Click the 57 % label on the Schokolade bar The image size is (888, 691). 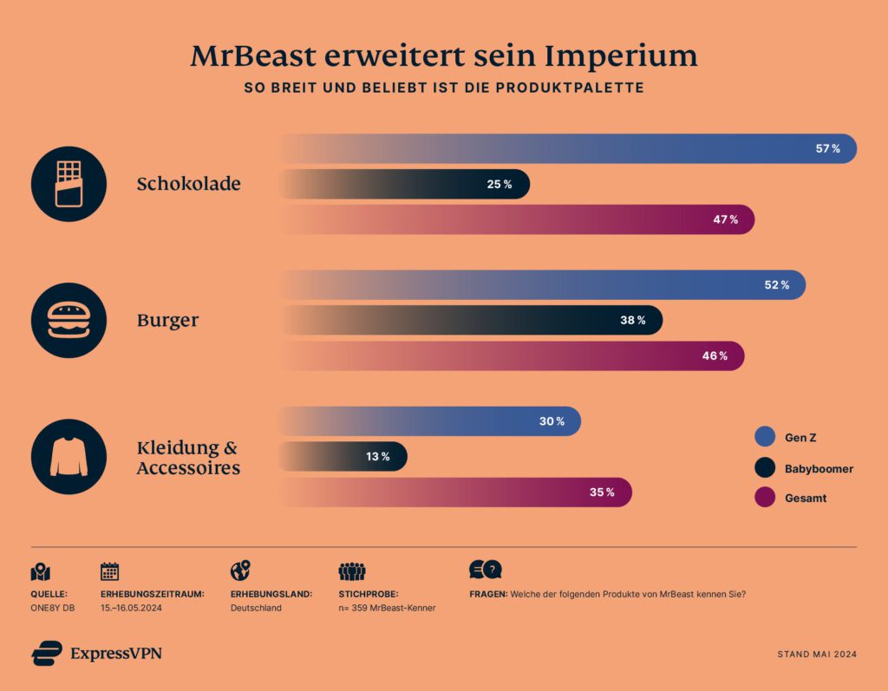(827, 149)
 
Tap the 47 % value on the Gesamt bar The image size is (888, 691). (725, 220)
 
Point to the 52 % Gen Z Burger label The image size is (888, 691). (776, 285)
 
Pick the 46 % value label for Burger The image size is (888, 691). (715, 356)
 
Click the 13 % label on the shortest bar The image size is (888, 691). (377, 457)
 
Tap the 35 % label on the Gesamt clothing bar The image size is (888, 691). (602, 492)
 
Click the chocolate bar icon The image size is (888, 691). (69, 184)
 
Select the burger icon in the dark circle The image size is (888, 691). (69, 320)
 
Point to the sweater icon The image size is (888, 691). (69, 456)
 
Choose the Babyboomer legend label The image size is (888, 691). (819, 469)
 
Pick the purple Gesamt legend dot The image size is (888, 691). (765, 498)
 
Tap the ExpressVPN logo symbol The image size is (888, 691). (47, 653)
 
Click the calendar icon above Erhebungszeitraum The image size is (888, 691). (110, 571)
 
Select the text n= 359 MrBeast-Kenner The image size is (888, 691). (387, 608)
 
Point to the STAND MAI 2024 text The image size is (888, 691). (817, 655)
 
